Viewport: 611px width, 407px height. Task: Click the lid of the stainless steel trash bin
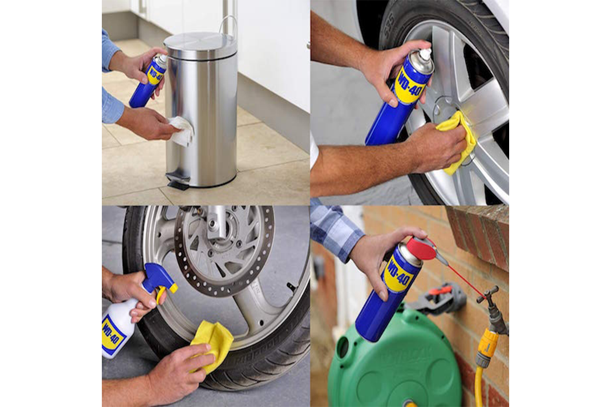200,44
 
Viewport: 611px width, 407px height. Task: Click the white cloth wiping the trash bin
181,130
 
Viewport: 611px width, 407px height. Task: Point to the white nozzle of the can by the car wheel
425,54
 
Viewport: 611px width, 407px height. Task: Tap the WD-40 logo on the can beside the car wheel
409,87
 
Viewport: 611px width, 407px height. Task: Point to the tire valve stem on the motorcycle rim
291,286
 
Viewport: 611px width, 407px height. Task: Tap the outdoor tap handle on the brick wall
488,293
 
